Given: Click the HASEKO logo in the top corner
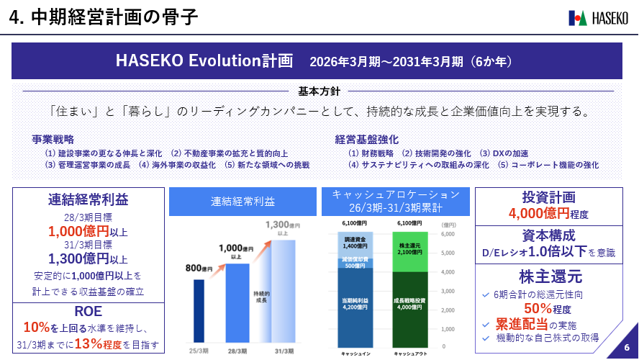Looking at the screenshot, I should [599, 17].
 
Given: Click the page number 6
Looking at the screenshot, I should [626, 347].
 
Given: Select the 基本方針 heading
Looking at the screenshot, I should [319, 91].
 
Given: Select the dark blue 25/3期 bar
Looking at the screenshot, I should [198, 310].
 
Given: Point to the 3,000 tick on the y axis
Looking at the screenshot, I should [446, 291].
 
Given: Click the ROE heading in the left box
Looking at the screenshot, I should [89, 311].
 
